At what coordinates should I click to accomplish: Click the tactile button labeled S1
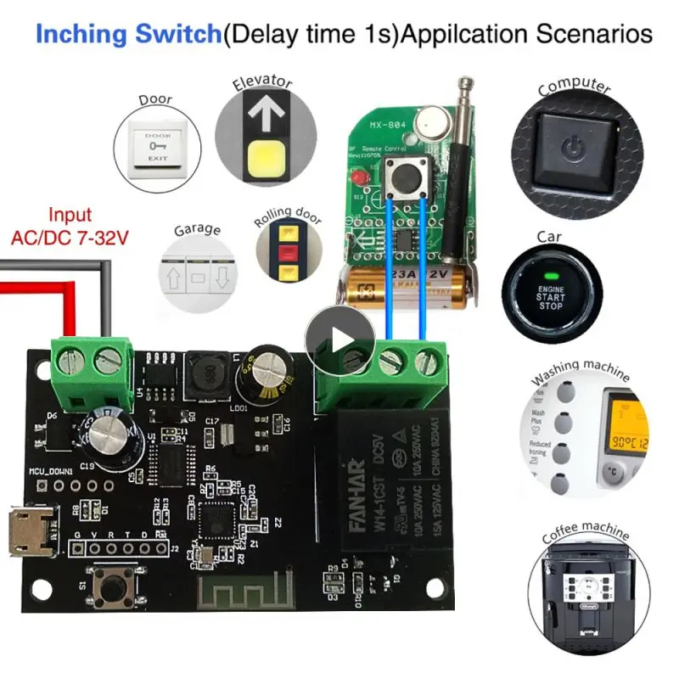pos(114,586)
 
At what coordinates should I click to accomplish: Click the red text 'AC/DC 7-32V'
pos(70,238)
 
